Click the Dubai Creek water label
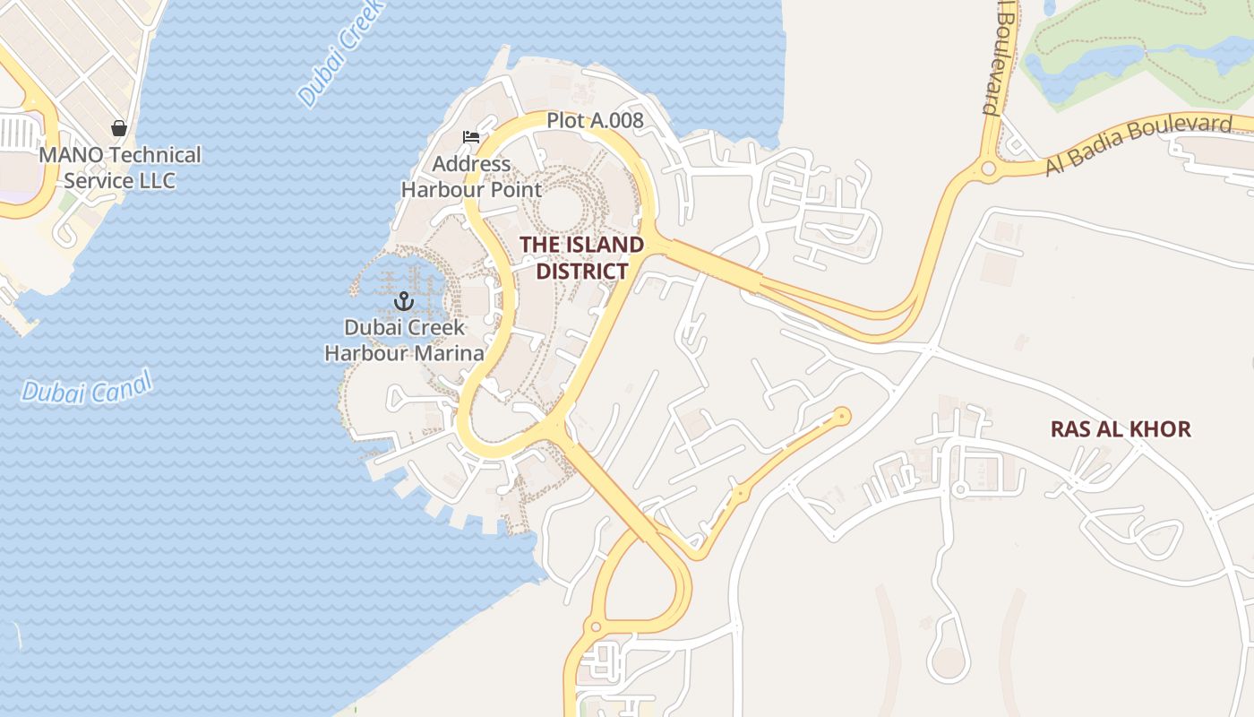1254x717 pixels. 342,52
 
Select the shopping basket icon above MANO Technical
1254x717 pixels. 119,129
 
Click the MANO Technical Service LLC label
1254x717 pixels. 119,167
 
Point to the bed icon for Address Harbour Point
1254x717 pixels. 471,137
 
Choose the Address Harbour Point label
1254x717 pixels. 471,177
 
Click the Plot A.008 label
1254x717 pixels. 595,119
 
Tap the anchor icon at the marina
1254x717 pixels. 403,301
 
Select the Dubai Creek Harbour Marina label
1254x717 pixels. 404,340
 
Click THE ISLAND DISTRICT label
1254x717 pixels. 582,257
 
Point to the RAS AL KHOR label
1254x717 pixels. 1121,429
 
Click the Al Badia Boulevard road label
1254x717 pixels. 1138,143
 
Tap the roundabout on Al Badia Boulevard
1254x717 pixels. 989,168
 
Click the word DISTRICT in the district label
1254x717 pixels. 582,271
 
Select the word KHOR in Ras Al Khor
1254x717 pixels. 1162,429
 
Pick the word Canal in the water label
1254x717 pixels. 123,385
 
